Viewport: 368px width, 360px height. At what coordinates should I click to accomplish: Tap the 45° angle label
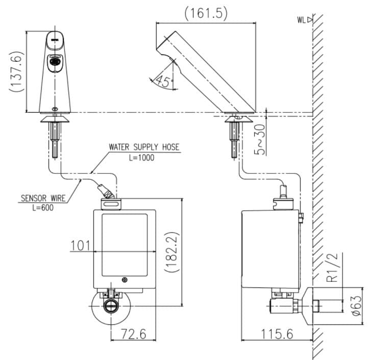coord(164,81)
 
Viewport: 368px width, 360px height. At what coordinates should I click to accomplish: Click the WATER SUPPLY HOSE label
coord(144,147)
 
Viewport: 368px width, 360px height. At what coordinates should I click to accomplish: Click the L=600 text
coord(42,207)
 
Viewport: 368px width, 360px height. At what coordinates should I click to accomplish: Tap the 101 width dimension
coord(80,246)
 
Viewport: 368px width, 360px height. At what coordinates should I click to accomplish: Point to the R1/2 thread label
coord(333,268)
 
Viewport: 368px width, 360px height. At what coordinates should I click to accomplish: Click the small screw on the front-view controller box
coord(125,279)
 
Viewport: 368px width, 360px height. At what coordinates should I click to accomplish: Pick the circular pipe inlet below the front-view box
coord(110,306)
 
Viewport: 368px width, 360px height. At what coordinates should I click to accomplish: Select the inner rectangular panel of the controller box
coord(125,243)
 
